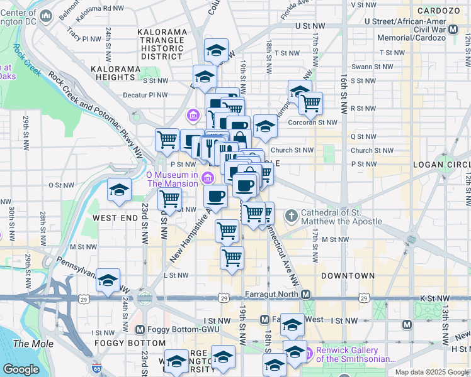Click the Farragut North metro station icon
tap(306, 295)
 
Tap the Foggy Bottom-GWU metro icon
tap(140, 329)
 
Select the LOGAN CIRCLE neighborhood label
tap(441, 165)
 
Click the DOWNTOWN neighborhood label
tap(348, 276)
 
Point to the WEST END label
tap(115, 217)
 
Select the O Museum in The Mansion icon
tap(207, 179)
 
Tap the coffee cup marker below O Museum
tap(215, 196)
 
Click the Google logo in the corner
tap(21, 369)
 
